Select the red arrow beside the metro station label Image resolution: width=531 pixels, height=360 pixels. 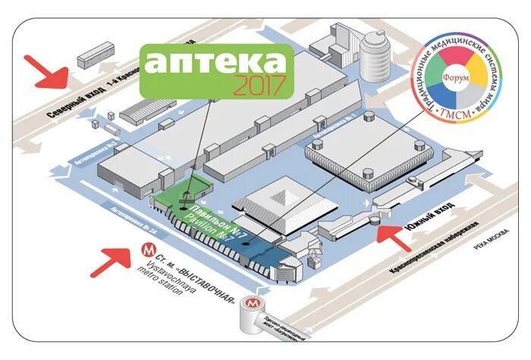(112, 261)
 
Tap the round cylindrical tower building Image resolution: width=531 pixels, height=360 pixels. (375, 55)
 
